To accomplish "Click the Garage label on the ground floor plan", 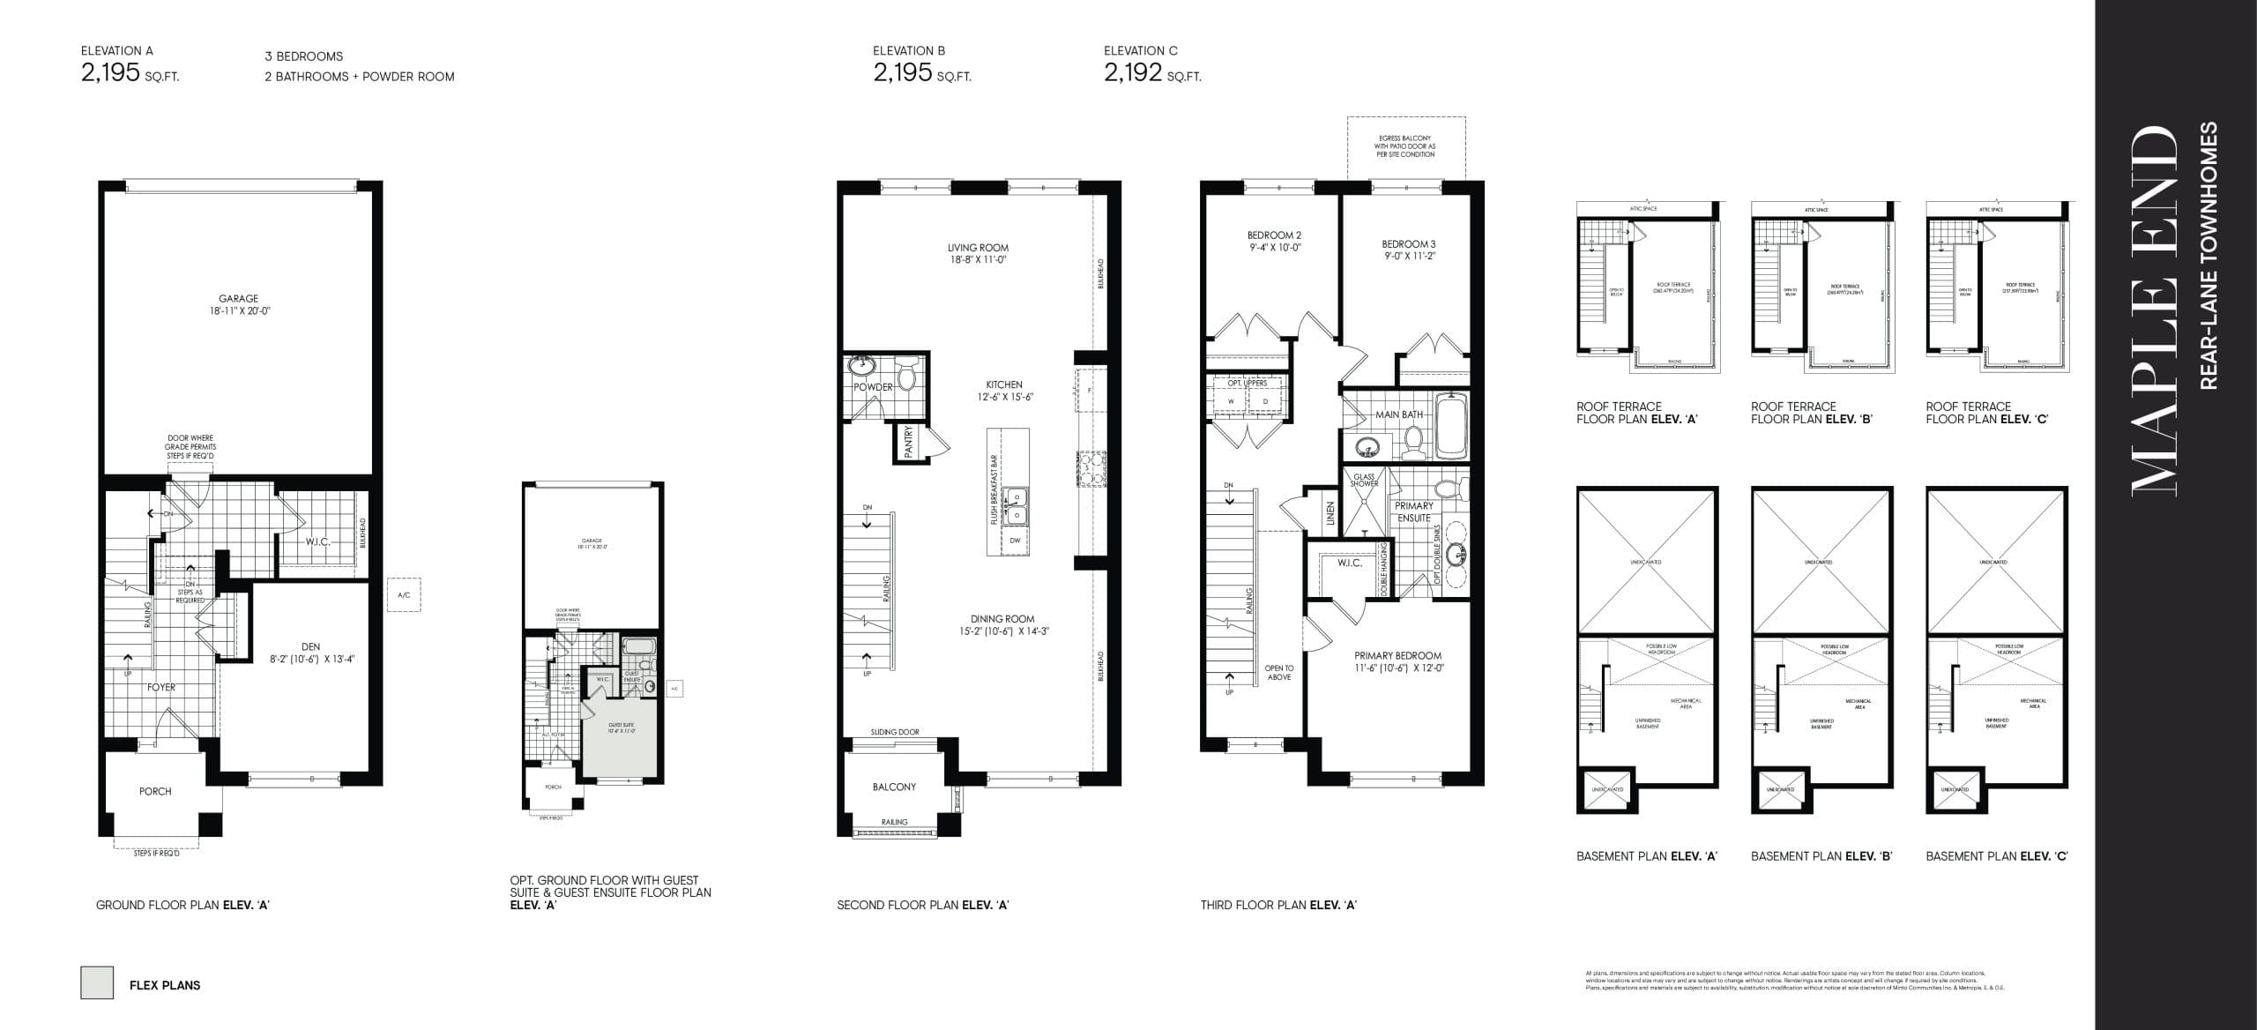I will click(239, 299).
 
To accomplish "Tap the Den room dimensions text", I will click(310, 659).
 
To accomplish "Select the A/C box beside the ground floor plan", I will click(404, 595).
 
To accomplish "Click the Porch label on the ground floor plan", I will click(155, 791).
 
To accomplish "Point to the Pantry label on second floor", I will click(907, 442).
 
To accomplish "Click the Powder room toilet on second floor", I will click(906, 376).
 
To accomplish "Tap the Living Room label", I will click(978, 248).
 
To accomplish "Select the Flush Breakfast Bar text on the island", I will click(994, 490).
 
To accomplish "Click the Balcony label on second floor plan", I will click(894, 787).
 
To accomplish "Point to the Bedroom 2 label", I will click(1274, 235).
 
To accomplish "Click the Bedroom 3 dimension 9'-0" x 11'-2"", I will click(1409, 257).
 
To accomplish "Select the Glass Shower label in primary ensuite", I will click(1364, 480).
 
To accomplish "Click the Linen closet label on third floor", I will click(1330, 514).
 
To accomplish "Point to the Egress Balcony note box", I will click(1406, 146).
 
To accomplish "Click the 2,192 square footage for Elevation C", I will click(1133, 72).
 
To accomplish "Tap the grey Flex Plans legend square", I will click(97, 982).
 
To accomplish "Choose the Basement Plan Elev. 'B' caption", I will click(1821, 856).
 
